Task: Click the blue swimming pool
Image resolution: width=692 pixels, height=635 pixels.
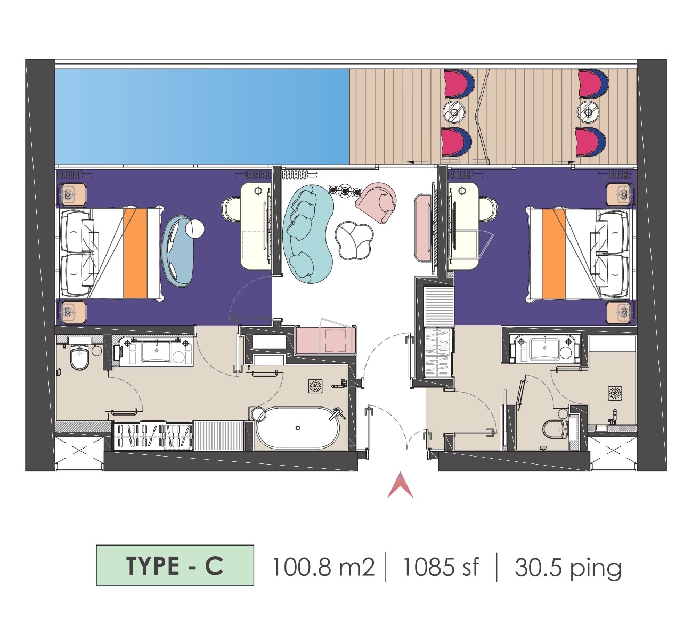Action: click(202, 117)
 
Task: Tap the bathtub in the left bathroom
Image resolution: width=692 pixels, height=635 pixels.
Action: click(298, 428)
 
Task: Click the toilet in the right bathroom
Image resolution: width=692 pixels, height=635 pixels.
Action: click(556, 429)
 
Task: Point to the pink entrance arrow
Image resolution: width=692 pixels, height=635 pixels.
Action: click(400, 485)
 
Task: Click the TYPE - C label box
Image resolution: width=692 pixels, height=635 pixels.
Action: click(175, 566)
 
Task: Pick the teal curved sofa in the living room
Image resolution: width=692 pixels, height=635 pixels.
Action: click(308, 234)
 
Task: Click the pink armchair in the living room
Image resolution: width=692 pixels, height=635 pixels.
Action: click(376, 202)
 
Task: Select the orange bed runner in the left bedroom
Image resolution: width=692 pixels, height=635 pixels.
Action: click(135, 254)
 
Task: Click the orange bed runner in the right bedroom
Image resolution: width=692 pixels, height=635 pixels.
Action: click(553, 254)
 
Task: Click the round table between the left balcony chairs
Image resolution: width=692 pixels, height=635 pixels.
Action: click(454, 112)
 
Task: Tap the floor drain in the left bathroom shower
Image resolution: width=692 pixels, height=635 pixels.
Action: click(315, 386)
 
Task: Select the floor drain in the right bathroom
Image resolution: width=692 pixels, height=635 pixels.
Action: click(615, 393)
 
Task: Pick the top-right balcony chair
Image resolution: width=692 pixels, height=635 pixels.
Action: click(593, 84)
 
